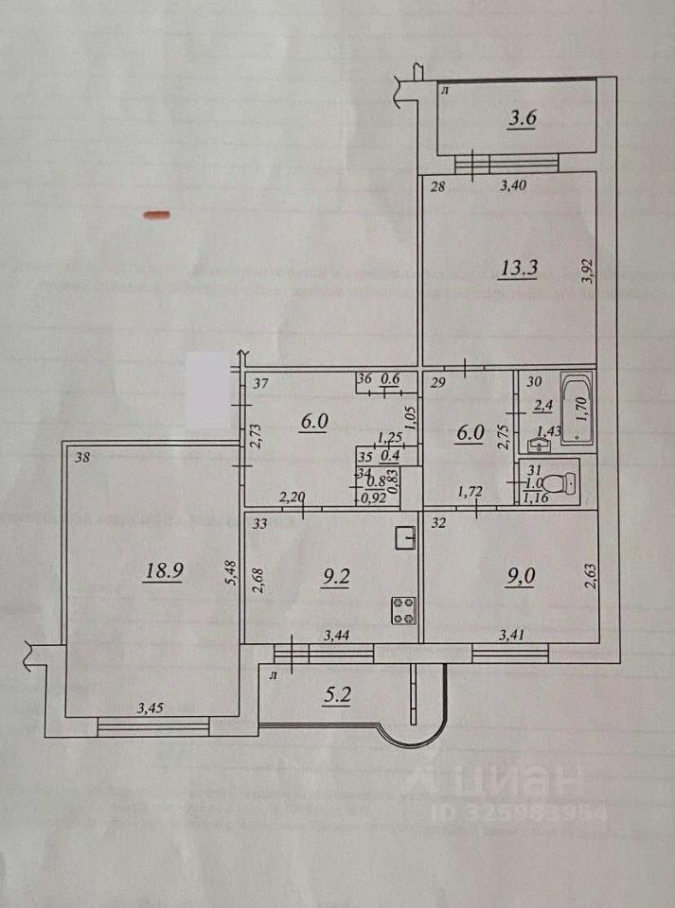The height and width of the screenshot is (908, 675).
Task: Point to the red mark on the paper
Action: tap(156, 215)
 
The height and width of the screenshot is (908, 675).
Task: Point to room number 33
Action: tap(259, 522)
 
